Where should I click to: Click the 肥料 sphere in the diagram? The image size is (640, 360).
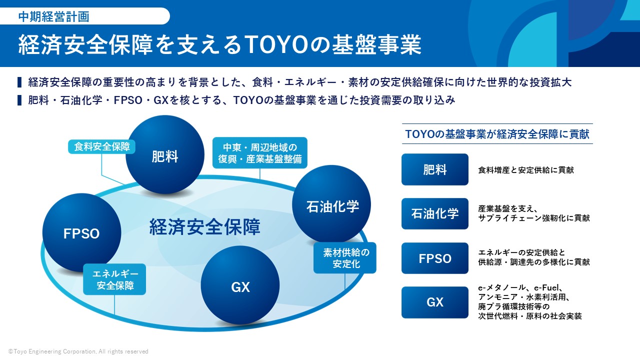click(165, 155)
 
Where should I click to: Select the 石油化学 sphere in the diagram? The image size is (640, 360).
click(331, 204)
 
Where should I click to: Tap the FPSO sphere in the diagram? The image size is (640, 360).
click(81, 233)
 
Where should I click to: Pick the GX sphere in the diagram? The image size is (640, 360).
click(240, 285)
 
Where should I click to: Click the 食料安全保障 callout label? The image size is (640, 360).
click(101, 147)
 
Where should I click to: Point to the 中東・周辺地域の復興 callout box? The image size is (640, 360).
click(260, 153)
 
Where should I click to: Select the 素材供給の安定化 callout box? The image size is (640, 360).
click(345, 258)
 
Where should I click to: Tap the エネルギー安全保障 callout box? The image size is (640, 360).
click(114, 279)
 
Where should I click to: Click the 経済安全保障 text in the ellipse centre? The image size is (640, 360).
click(205, 227)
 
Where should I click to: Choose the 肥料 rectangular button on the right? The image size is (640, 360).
click(435, 169)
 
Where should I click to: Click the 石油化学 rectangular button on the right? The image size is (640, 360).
click(435, 213)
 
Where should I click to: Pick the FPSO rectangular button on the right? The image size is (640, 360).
click(435, 258)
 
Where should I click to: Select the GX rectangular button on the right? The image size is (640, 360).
click(435, 302)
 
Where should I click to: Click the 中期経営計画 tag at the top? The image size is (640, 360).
click(53, 16)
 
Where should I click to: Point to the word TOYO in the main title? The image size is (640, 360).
click(276, 44)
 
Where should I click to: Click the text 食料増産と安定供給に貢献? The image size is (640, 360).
click(526, 170)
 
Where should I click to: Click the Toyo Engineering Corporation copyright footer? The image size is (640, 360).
click(78, 351)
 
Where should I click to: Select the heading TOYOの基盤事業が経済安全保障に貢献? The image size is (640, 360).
click(497, 134)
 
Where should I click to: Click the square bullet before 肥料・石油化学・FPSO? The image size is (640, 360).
click(19, 100)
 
